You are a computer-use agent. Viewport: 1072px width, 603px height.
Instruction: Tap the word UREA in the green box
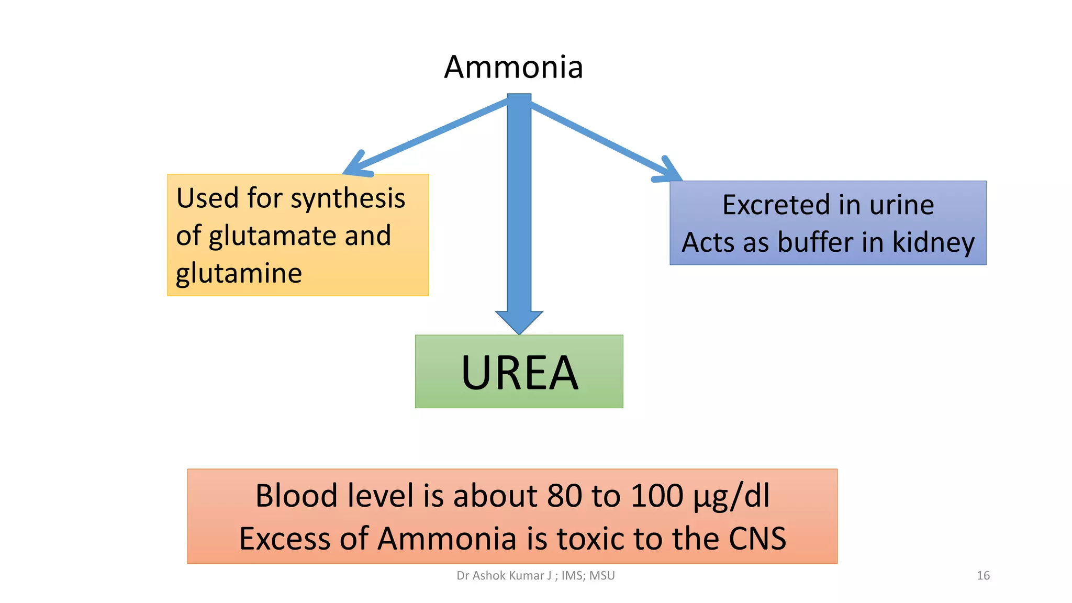pyautogui.click(x=519, y=373)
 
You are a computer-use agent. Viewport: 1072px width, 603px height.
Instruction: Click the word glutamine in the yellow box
pyautogui.click(x=239, y=273)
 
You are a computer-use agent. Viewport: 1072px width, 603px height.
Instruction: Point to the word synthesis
pyautogui.click(x=348, y=199)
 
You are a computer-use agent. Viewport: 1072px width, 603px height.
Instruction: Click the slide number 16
pyautogui.click(x=983, y=576)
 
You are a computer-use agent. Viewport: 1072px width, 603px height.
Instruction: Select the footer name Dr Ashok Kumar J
pyautogui.click(x=504, y=576)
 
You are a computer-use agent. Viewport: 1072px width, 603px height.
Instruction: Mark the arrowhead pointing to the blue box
pyautogui.click(x=669, y=172)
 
